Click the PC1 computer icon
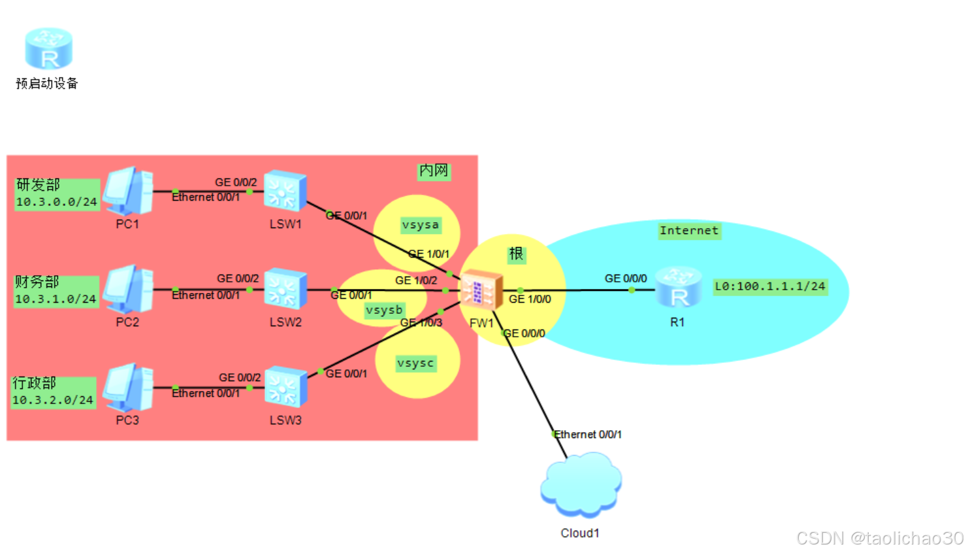129,191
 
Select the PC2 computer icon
129,289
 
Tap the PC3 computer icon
129,388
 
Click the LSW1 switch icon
285,192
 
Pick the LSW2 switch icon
285,289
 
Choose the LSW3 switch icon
285,388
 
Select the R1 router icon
679,288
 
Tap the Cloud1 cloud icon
581,485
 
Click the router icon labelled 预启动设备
48,49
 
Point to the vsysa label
420,225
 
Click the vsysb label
384,310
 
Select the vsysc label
415,363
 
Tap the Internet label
688,230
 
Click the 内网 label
434,171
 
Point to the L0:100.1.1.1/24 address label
770,286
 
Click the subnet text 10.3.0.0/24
56,202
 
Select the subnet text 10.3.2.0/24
53,399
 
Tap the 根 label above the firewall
516,254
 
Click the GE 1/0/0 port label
530,299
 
